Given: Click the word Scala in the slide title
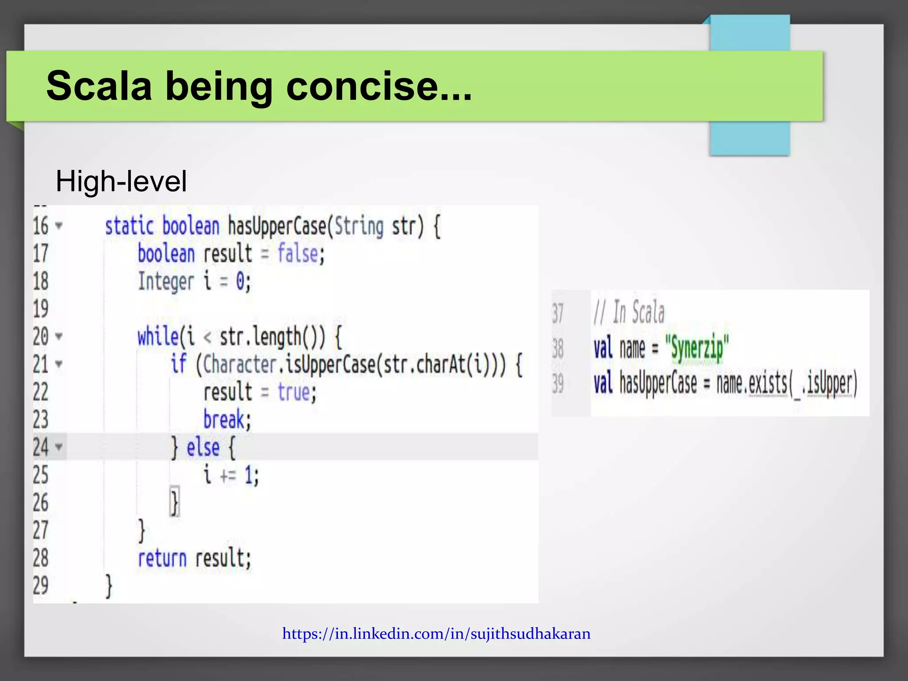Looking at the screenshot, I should pos(99,86).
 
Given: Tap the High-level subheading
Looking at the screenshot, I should pos(121,181).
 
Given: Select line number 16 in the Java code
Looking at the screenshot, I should pos(41,226).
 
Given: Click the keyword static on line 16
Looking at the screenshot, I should pos(129,226).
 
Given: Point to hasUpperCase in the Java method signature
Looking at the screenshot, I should pos(277,226).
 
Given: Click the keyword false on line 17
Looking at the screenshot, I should pos(297,254).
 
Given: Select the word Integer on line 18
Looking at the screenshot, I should pos(166,282).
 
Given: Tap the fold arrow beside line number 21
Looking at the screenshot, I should pos(59,364).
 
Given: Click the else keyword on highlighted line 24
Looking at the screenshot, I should pos(203,447).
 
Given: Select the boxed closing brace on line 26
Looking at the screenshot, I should pos(175,503).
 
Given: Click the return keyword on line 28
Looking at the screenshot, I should pos(162,558).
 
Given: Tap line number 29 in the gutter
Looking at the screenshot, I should pos(41,586).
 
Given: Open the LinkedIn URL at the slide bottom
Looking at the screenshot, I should pos(436,634).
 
